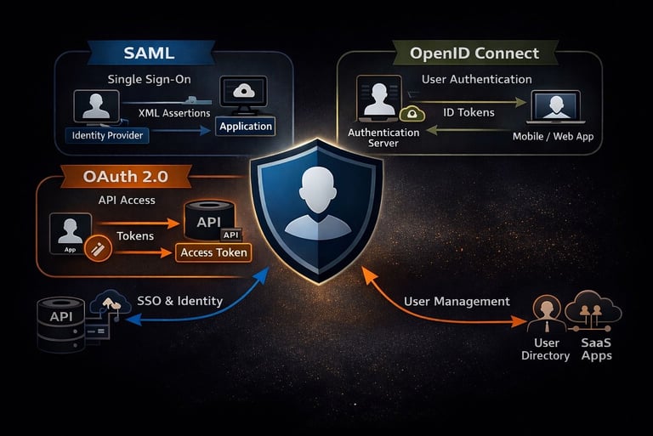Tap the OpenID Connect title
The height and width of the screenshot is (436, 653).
[x=474, y=54]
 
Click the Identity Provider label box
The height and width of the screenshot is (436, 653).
[x=108, y=135]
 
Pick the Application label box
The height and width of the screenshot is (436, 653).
[x=246, y=127]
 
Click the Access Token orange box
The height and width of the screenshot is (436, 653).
[x=214, y=252]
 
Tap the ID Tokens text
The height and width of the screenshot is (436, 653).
[x=469, y=112]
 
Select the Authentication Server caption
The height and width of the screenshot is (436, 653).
[x=383, y=138]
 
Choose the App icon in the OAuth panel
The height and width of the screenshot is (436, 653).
[x=71, y=232]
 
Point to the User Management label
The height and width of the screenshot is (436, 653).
[x=456, y=301]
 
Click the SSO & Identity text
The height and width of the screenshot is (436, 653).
[x=179, y=300]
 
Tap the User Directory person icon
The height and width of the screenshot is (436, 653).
[x=545, y=315]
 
